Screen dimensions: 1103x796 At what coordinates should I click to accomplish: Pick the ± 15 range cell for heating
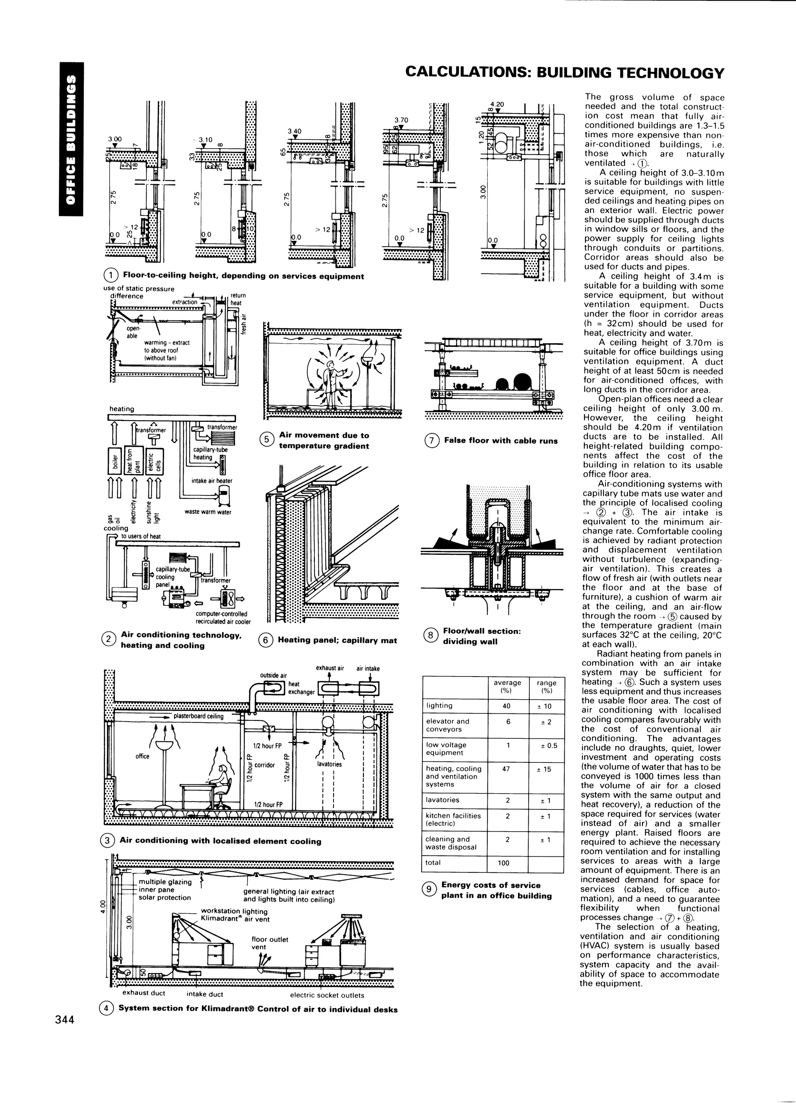546,769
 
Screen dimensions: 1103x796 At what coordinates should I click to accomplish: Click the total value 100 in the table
503,863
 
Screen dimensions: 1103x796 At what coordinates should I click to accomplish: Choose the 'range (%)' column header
546,687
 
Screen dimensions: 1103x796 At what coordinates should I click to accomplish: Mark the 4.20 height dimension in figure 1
497,105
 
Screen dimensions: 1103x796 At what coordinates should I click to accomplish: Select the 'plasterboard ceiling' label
198,717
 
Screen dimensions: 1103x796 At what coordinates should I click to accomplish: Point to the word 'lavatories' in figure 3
329,764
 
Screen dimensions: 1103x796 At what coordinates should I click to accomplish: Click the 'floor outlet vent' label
269,944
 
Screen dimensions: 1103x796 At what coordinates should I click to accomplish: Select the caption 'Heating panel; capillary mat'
337,640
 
